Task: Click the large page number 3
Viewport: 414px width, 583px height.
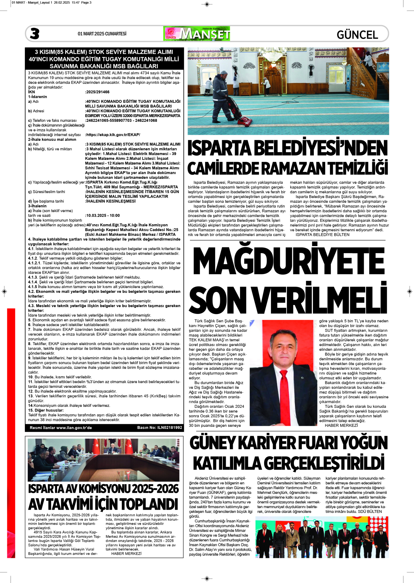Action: click(35, 34)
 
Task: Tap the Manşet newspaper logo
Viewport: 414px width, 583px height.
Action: click(197, 34)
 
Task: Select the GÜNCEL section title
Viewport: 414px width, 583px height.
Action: click(357, 35)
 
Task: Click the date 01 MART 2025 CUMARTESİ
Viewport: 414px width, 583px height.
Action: click(102, 34)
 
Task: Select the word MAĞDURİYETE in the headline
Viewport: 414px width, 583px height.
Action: click(288, 261)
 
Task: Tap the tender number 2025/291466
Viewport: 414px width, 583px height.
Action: click(98, 92)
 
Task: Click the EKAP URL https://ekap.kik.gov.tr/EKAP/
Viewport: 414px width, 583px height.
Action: click(113, 135)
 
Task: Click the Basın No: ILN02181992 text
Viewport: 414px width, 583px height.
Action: click(159, 428)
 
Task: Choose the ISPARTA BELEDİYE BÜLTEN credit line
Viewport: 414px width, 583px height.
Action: click(322, 235)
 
